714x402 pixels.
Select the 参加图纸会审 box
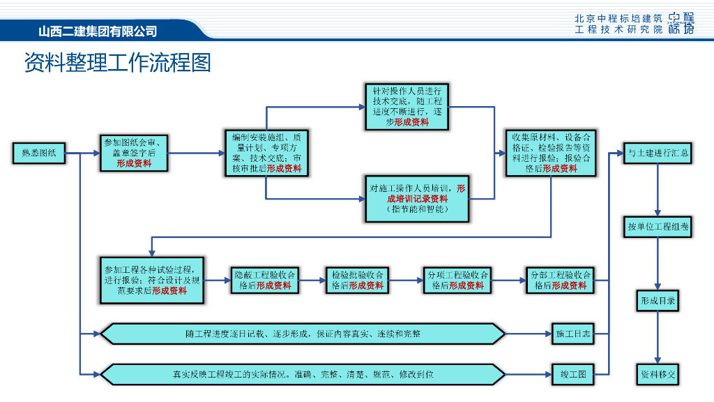pyautogui.click(x=133, y=153)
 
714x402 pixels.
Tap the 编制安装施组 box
pyautogui.click(x=266, y=153)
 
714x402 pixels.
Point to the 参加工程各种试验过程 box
pyautogui.click(x=153, y=280)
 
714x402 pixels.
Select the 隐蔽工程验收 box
pyautogui.click(x=266, y=280)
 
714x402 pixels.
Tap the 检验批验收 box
pyautogui.click(x=357, y=280)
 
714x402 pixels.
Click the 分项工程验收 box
pyautogui.click(x=457, y=280)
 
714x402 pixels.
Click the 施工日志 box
pyautogui.click(x=573, y=334)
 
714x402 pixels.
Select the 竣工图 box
pyautogui.click(x=573, y=374)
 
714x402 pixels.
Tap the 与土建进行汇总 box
pyautogui.click(x=658, y=153)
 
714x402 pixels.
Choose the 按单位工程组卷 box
pyautogui.click(x=658, y=227)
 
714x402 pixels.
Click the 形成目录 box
pyautogui.click(x=658, y=301)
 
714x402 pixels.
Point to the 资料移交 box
pyautogui.click(x=658, y=374)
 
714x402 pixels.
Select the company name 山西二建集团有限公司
pyautogui.click(x=98, y=31)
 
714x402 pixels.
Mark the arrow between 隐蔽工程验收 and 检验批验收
pyautogui.click(x=312, y=280)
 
